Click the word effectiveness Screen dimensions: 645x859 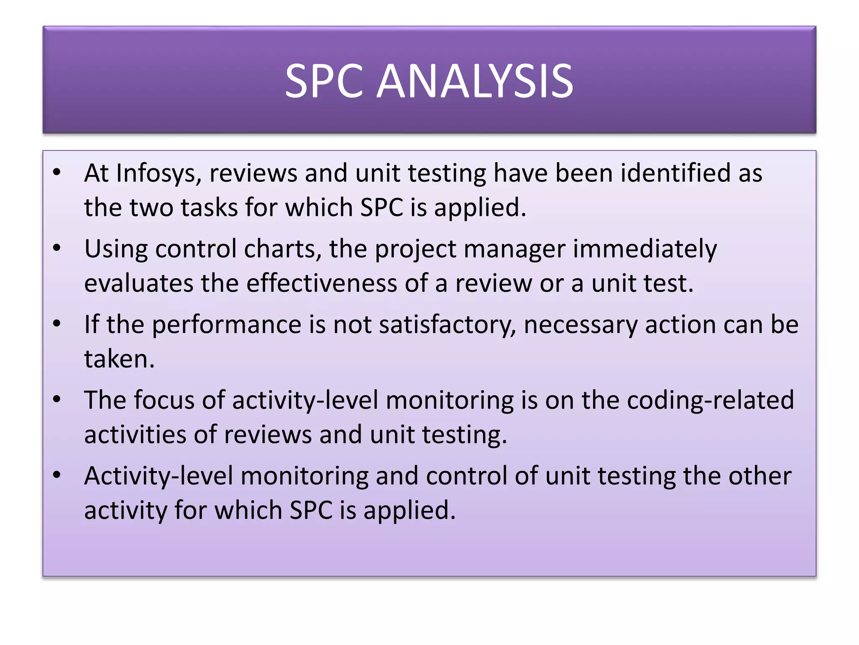click(x=321, y=283)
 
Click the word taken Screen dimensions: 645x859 click(x=119, y=359)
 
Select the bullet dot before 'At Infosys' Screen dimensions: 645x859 click(x=57, y=173)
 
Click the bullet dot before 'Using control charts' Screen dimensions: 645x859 click(x=57, y=248)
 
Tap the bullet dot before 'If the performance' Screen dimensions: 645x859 click(x=57, y=324)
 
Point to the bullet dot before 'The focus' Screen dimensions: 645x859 click(x=57, y=399)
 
